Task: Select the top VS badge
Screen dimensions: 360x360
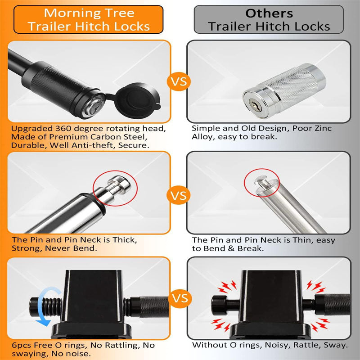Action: tap(179, 82)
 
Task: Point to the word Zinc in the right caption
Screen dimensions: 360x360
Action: tap(322, 128)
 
